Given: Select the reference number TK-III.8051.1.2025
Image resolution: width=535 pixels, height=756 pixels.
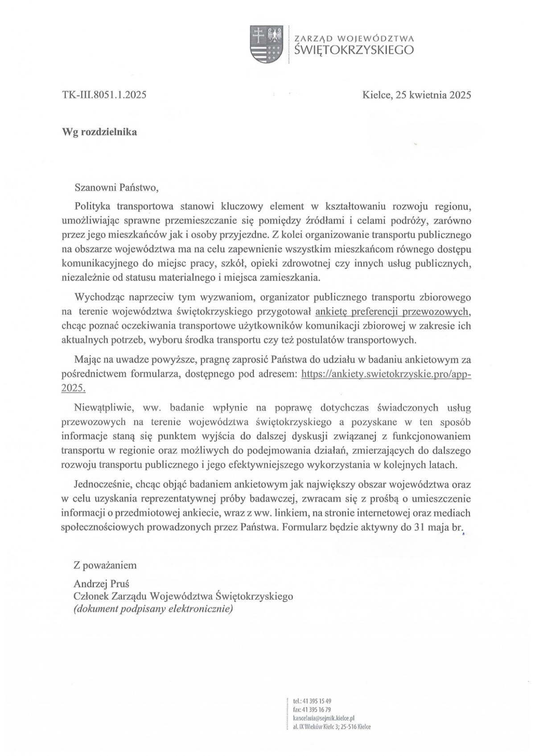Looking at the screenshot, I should [105, 95].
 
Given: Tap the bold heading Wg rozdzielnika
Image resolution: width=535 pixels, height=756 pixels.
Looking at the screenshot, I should [100, 132].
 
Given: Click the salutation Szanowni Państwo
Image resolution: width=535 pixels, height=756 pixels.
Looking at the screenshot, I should [116, 188].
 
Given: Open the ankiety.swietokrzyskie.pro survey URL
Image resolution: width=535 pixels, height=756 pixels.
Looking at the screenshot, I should [386, 374].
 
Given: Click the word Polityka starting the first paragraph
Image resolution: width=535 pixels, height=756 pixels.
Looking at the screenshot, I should [92, 206].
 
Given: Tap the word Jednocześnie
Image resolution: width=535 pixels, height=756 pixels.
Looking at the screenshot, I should [102, 483].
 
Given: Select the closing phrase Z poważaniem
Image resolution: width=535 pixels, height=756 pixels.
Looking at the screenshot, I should [106, 565].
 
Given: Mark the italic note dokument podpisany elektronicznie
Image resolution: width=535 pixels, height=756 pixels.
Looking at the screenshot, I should [153, 609].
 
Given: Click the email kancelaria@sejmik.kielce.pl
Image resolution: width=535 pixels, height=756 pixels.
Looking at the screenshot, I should [324, 718].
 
